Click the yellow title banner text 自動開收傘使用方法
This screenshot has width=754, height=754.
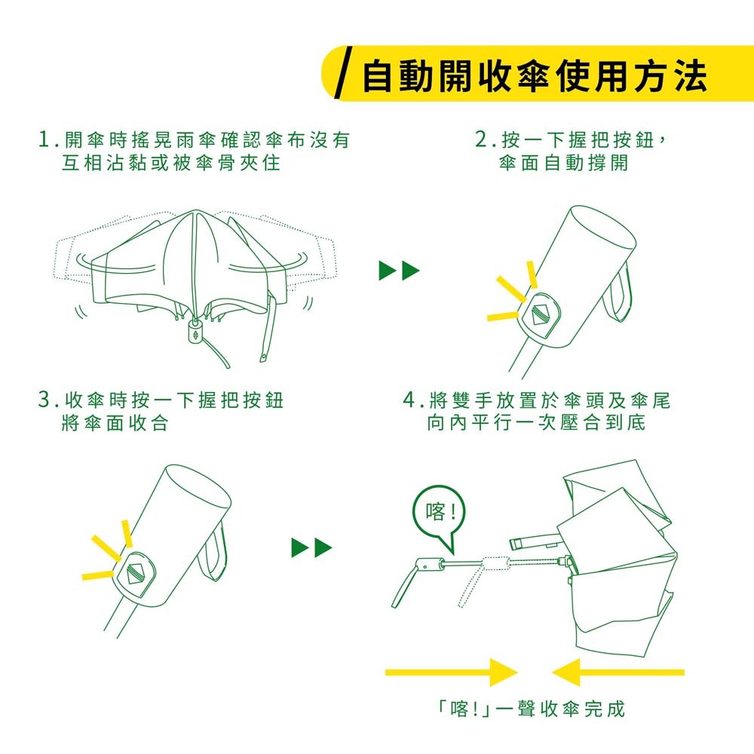tap(535, 76)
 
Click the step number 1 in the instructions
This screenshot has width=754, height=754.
tap(44, 139)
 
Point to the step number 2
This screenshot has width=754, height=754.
tap(481, 139)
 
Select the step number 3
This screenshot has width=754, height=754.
tap(44, 400)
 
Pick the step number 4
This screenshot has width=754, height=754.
tap(409, 400)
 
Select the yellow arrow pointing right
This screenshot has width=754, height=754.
tap(451, 672)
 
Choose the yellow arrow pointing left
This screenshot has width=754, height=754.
tap(618, 672)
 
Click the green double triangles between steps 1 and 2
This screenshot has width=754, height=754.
tap(399, 271)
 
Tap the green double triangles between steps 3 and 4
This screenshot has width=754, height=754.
tap(311, 547)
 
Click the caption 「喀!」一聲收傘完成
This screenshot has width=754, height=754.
tap(530, 708)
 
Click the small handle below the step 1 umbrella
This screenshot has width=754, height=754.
tap(195, 331)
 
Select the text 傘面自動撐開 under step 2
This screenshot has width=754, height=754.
tap(563, 163)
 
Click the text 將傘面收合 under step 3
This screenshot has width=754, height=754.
tap(115, 423)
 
